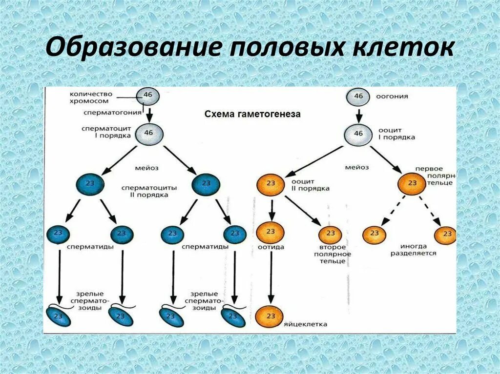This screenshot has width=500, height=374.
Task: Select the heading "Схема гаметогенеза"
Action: (252, 114)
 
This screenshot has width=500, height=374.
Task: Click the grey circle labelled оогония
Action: (359, 97)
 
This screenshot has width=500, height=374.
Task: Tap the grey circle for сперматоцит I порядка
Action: (149, 133)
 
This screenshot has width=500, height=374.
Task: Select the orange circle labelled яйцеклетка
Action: (270, 316)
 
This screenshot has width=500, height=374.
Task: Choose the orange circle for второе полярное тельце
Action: (331, 234)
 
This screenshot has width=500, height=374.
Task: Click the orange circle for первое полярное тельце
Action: (412, 183)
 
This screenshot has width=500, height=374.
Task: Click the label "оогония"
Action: (392, 97)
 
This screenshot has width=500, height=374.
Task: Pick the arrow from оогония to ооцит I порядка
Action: (359, 115)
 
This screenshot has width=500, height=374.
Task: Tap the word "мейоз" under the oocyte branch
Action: (356, 167)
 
